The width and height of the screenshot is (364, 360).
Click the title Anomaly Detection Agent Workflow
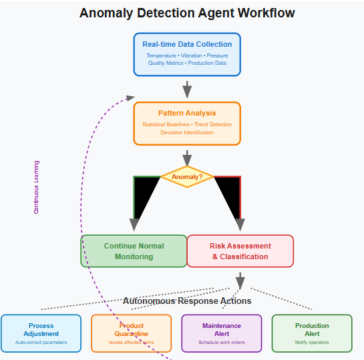(187, 13)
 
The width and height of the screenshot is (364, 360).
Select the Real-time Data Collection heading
(187, 45)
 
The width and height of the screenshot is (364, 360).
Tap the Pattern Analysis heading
(187, 113)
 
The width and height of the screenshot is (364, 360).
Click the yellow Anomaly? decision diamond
(187, 177)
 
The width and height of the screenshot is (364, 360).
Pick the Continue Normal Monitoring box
(134, 251)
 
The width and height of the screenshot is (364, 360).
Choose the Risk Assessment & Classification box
(240, 251)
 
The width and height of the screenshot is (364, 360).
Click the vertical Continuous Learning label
(37, 187)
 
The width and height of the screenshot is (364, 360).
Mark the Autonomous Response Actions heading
(187, 301)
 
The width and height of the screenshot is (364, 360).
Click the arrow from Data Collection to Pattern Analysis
(187, 89)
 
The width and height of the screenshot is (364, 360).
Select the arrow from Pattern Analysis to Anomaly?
(187, 157)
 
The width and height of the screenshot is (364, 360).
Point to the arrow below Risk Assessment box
(240, 280)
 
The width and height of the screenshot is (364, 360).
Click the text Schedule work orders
(221, 343)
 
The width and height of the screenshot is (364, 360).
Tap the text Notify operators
(312, 343)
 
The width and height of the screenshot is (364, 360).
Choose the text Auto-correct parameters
(41, 343)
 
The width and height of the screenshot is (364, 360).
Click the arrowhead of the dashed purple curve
(130, 98)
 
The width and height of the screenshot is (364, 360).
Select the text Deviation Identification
(187, 132)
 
